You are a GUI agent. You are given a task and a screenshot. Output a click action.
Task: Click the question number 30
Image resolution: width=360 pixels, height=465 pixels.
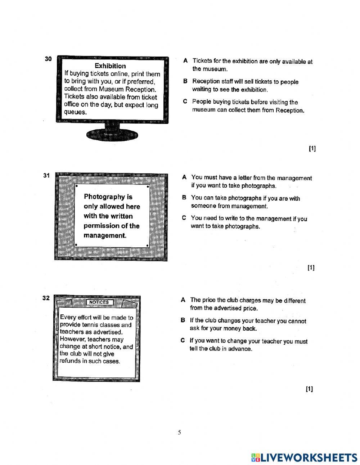[48, 59]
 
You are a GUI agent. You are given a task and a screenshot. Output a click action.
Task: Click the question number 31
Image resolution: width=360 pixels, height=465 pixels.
[46, 175]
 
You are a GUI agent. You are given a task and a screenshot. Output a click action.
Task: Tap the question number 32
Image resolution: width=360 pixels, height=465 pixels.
[46, 298]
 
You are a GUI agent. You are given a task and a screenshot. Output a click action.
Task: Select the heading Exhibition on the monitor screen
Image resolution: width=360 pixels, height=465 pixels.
[110, 66]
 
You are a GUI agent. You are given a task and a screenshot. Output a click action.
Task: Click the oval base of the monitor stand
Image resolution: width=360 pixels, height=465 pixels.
[112, 135]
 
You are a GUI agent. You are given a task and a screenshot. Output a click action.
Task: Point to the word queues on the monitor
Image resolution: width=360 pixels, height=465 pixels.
[75, 112]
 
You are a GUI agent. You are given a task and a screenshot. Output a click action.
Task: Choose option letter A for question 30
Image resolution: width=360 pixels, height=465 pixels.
[185, 61]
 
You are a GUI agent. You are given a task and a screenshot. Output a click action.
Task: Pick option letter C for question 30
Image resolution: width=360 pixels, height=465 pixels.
[185, 102]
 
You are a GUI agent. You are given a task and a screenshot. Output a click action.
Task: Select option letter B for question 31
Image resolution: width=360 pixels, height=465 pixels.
[184, 198]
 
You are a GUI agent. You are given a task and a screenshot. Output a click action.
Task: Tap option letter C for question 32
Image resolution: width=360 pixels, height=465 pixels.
[183, 340]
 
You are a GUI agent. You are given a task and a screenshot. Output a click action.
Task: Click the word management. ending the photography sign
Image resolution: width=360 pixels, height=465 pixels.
[105, 236]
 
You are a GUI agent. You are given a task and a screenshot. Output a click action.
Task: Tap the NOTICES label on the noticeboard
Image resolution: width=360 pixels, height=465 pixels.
[99, 302]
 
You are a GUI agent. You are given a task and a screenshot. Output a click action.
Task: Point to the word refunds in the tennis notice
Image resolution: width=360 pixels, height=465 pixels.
[71, 361]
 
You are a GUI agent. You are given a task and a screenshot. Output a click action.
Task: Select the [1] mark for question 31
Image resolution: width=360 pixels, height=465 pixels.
[311, 268]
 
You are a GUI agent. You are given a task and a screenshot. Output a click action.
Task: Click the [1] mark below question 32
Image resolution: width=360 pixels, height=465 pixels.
[309, 389]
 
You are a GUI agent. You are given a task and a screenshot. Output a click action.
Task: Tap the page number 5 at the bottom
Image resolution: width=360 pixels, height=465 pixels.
[179, 432]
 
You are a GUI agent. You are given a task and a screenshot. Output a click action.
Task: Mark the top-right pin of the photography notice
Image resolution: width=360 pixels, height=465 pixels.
[148, 187]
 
